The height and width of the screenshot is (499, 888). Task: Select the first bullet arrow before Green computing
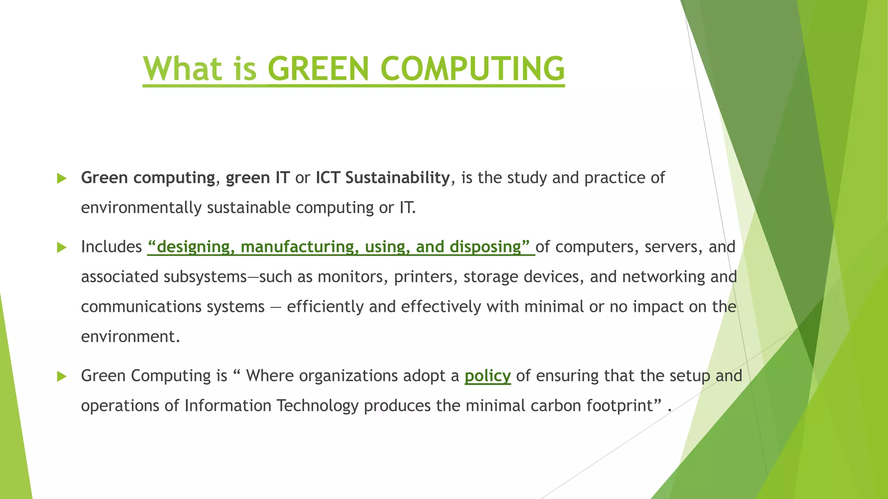coord(62,178)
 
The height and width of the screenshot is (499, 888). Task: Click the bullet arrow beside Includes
coord(62,247)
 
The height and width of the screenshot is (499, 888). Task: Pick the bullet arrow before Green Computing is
coord(62,376)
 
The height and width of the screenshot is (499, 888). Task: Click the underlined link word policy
coord(487,376)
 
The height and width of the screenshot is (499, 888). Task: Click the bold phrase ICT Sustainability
coord(382,178)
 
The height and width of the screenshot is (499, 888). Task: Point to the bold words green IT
coord(258,178)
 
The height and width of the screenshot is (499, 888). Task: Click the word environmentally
coord(141,207)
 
